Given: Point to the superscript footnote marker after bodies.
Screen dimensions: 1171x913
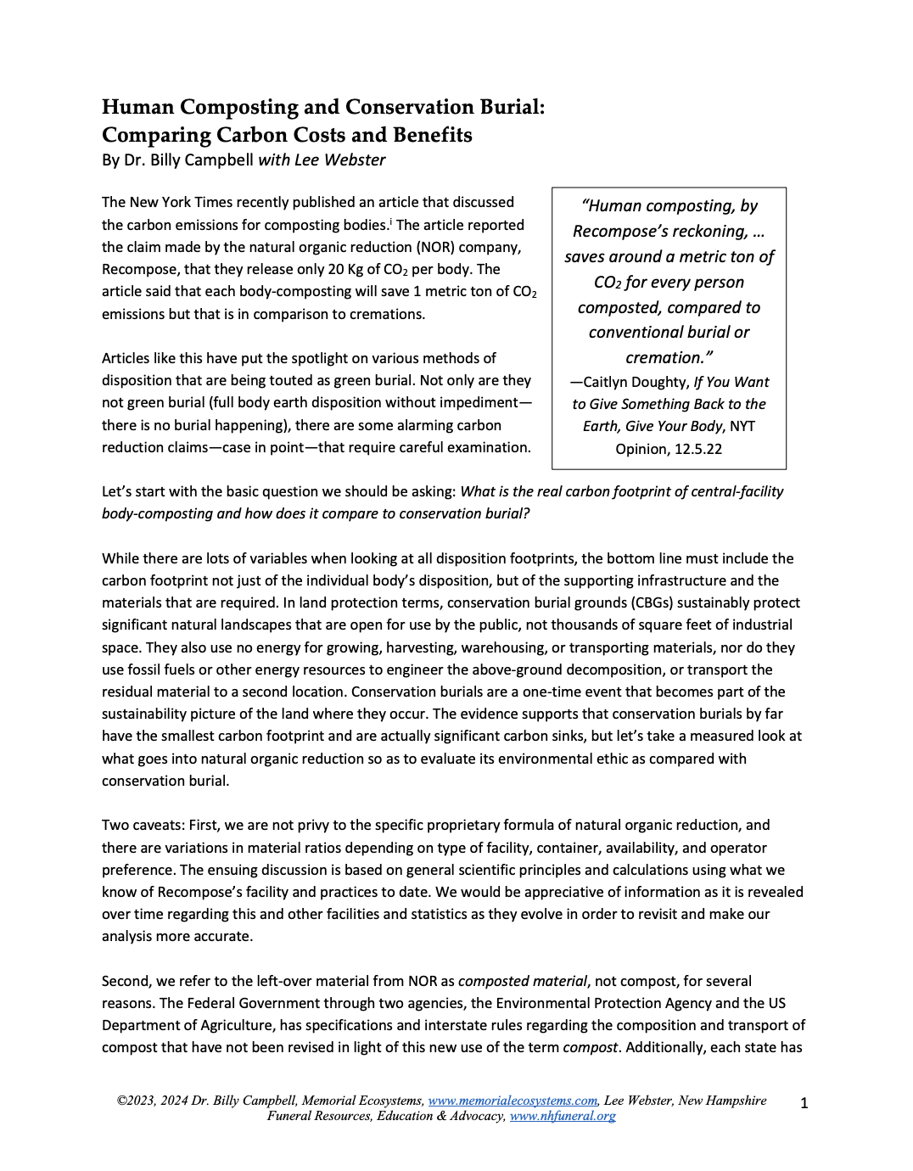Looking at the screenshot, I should point(390,221).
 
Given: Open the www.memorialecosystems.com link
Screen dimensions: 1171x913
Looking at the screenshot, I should point(513,1101).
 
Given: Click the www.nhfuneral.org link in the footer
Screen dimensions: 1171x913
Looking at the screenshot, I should point(563,1116).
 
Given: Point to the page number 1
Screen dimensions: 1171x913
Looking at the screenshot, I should point(804,1103).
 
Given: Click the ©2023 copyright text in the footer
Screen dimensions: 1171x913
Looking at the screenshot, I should point(136,1101).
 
